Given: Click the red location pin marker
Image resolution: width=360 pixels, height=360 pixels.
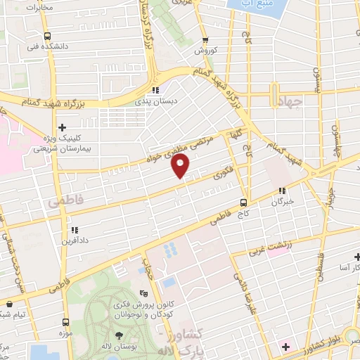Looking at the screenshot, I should click(x=181, y=166).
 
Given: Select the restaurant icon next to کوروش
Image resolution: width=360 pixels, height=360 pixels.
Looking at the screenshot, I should click(x=205, y=40).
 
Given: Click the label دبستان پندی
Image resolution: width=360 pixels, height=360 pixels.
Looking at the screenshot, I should click(x=156, y=101).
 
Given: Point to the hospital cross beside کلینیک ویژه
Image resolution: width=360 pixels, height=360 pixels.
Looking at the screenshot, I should click(x=63, y=127).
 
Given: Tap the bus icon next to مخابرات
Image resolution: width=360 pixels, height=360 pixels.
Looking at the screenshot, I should click(x=46, y=37).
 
